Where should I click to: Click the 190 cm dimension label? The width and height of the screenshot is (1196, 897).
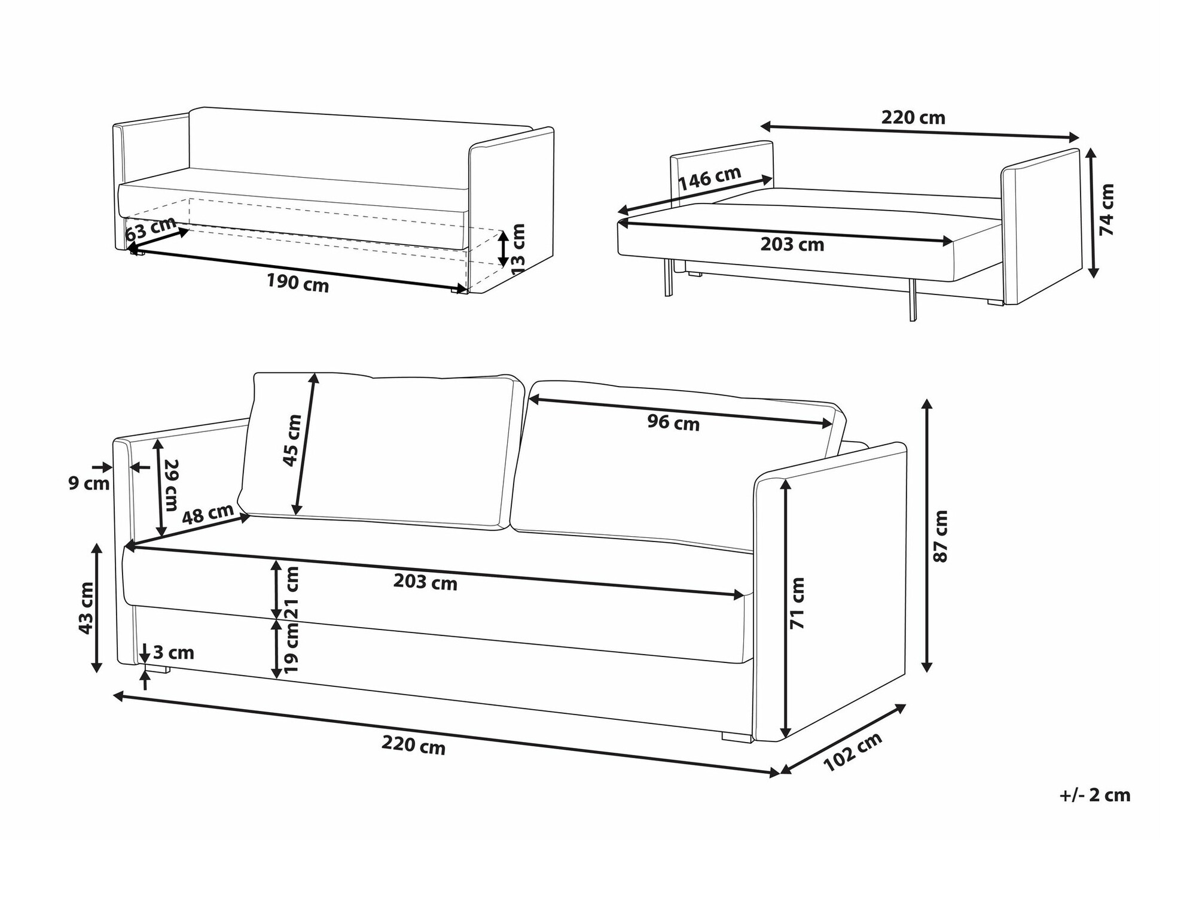click(x=298, y=283)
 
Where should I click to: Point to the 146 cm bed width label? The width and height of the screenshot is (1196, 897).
click(x=710, y=178)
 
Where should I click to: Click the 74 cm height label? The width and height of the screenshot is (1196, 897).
click(x=1107, y=209)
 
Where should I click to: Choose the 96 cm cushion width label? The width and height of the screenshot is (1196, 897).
click(x=673, y=423)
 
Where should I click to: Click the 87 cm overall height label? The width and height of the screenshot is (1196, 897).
click(x=941, y=536)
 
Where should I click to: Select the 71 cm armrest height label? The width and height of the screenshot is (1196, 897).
click(x=797, y=603)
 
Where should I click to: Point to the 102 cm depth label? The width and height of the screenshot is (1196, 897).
click(x=853, y=752)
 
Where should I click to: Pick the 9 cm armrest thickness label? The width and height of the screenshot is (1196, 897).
click(x=89, y=483)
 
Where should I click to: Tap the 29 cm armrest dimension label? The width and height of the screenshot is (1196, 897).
click(x=170, y=485)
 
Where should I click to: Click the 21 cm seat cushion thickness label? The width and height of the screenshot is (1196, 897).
click(x=292, y=592)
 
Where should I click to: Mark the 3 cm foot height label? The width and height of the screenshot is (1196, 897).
click(x=174, y=652)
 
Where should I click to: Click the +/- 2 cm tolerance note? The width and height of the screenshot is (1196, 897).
click(x=1095, y=795)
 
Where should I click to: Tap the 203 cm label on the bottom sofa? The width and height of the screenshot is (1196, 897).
click(x=425, y=582)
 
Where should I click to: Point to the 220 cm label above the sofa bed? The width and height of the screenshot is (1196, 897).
click(x=913, y=117)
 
